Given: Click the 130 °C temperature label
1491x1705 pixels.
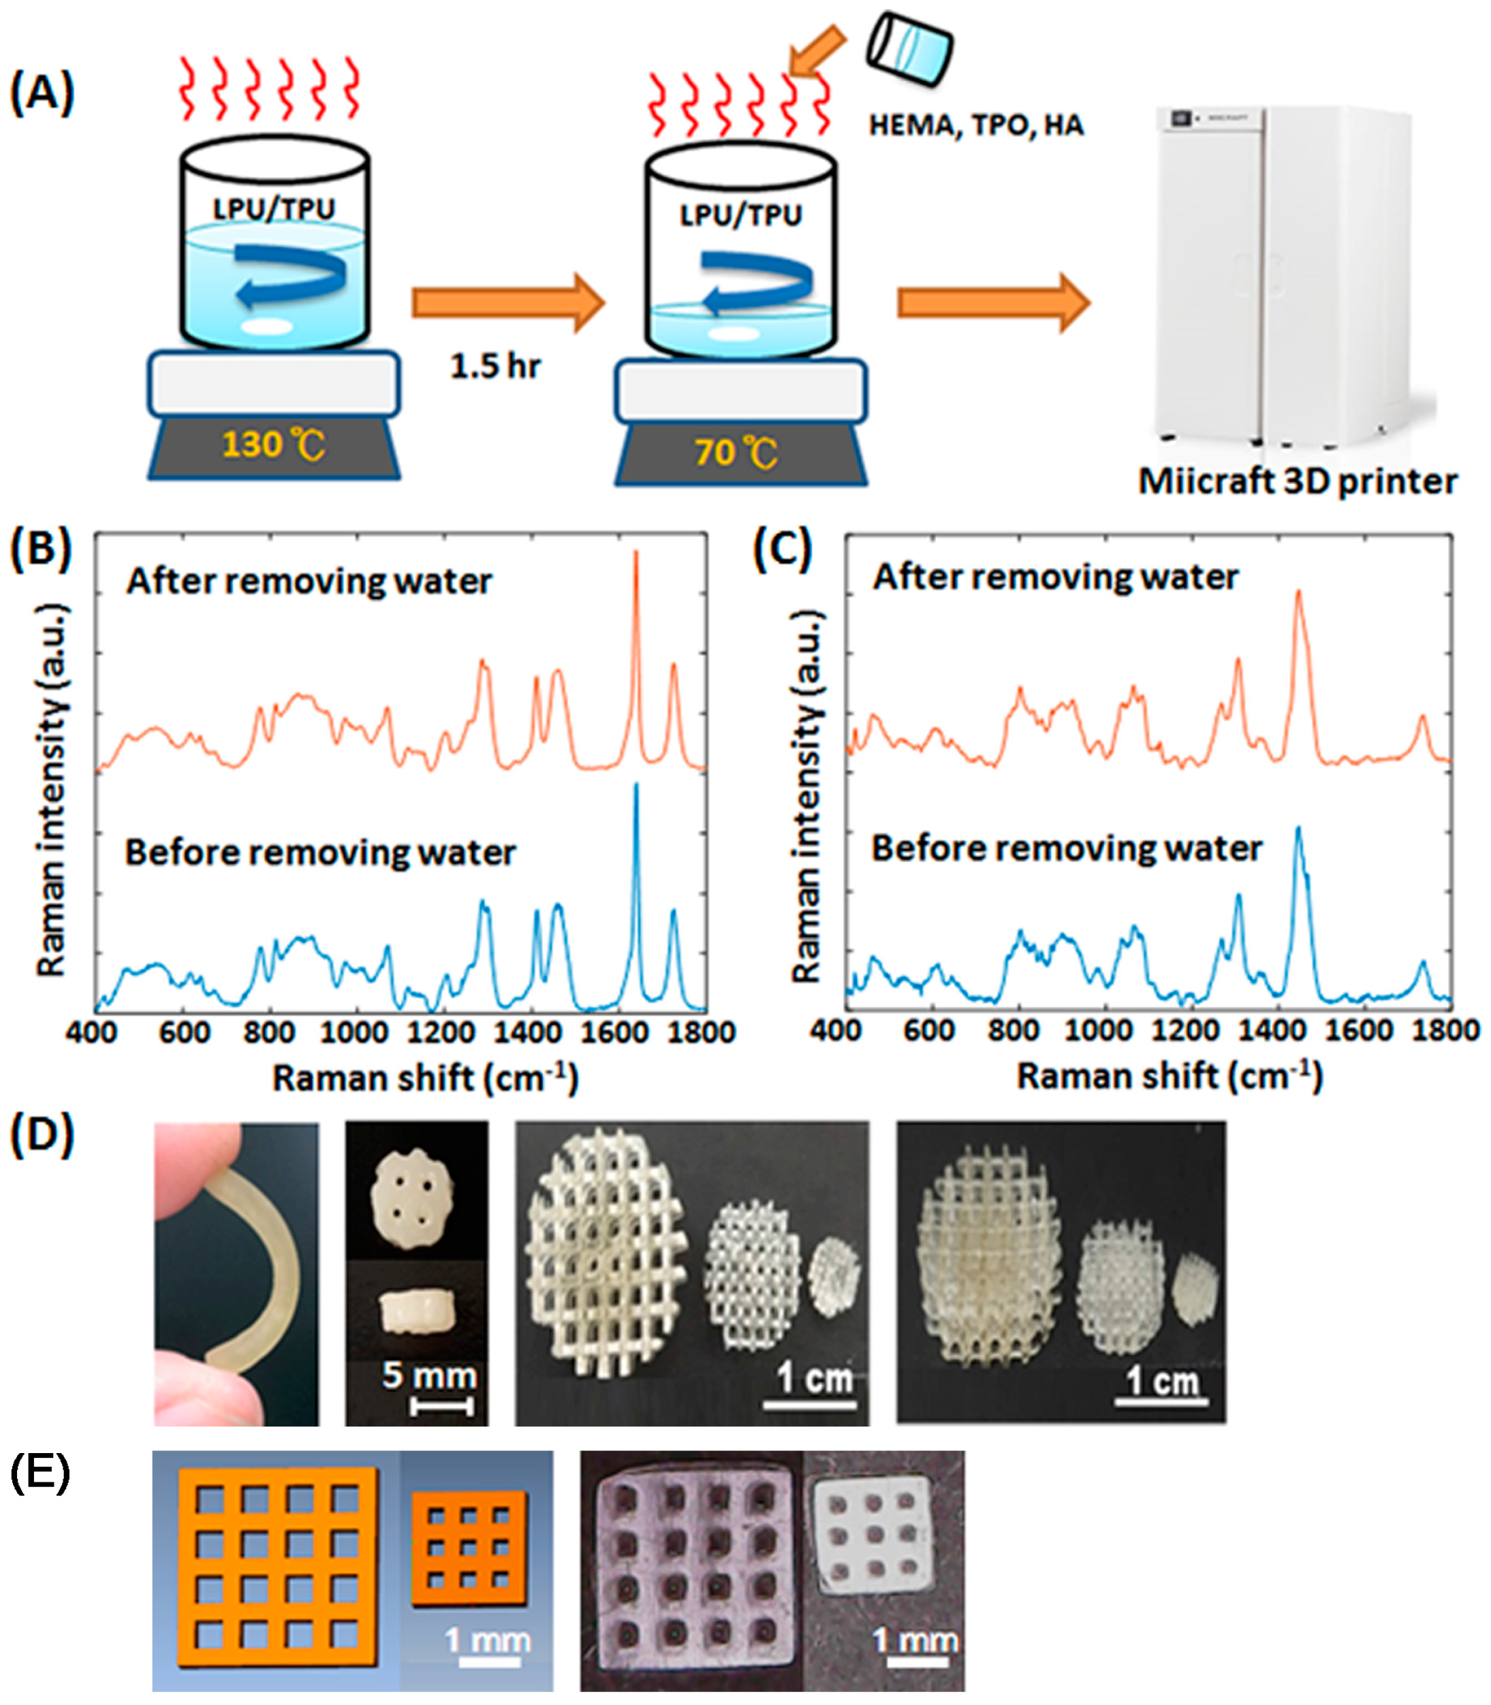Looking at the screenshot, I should (x=273, y=445).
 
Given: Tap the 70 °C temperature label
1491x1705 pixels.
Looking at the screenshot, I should (x=736, y=452).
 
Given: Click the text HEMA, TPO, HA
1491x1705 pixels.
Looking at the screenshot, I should (x=976, y=125).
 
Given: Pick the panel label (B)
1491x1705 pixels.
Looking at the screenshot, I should (x=41, y=551).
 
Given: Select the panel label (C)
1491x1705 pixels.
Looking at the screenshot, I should (x=782, y=551).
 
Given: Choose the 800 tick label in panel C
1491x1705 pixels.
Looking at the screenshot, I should (x=1013, y=1030).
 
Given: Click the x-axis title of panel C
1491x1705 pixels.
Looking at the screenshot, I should (x=1169, y=1077).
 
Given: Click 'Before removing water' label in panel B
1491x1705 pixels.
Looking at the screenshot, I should (x=320, y=852).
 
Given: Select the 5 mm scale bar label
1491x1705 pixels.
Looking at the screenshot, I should (x=429, y=1375).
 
